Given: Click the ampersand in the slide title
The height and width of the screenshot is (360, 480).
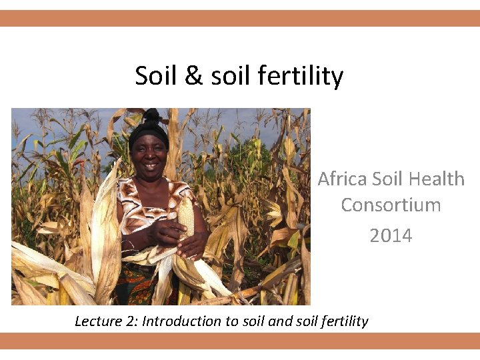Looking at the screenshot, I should point(193,76).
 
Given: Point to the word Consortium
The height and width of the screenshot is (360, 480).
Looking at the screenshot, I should point(391,205).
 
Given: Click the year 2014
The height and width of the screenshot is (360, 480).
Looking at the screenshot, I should point(391,235).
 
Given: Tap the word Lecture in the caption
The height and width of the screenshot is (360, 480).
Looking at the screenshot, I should point(97,321).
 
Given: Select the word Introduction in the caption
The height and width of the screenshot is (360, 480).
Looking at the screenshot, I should point(182,321).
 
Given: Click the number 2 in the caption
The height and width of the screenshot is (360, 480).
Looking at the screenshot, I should point(130,321).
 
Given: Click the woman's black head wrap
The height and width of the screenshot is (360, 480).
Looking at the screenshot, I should point(148,127).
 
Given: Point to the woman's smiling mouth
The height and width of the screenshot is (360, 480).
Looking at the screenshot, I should point(150,167).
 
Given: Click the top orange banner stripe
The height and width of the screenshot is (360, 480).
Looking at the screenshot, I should point(240,18).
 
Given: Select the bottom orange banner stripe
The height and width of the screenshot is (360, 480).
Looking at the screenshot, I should point(240,341).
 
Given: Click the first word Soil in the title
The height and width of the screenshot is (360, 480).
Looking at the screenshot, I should point(157,76).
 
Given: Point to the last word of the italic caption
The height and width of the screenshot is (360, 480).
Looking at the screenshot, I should point(345,321).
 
